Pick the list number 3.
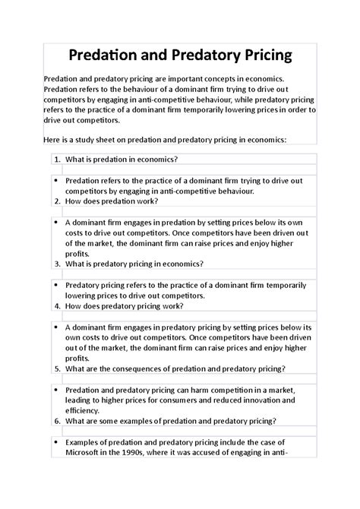(x=57, y=264)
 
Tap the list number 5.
(x=57, y=369)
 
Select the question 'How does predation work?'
(x=112, y=201)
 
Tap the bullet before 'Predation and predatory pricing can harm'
(x=57, y=390)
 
